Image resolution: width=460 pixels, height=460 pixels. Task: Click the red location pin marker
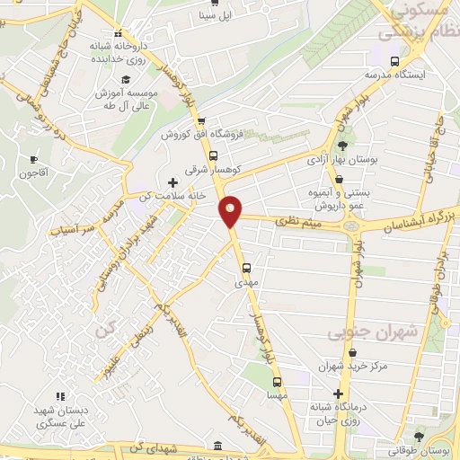point(232,211)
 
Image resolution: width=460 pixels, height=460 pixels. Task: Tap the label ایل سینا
point(215,15)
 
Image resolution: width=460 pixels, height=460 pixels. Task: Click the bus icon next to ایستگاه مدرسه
point(367,61)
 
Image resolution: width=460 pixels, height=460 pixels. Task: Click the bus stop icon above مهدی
point(247,267)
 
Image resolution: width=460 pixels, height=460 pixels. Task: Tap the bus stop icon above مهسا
point(277,378)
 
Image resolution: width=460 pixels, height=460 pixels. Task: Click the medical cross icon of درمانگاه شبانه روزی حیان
point(339,394)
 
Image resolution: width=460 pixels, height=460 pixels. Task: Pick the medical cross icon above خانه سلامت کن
point(173,182)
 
